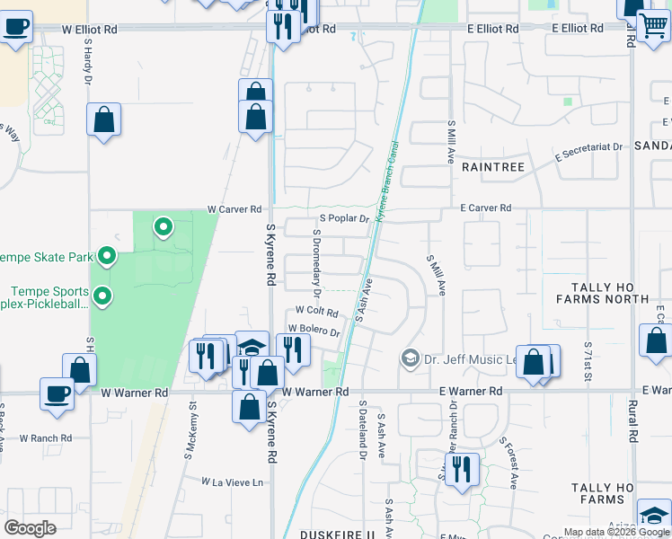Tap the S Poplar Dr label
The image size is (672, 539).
[x=344, y=218]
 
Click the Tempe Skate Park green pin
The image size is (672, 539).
[x=107, y=258]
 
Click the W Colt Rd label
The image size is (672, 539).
[x=316, y=313]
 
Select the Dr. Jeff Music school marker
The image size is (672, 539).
[x=411, y=358]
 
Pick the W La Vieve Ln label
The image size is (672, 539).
[x=233, y=482]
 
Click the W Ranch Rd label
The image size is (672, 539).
[x=48, y=438]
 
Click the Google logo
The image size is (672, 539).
[x=30, y=528]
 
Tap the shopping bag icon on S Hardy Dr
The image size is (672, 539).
[x=103, y=119]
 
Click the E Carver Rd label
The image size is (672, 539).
[x=485, y=208]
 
